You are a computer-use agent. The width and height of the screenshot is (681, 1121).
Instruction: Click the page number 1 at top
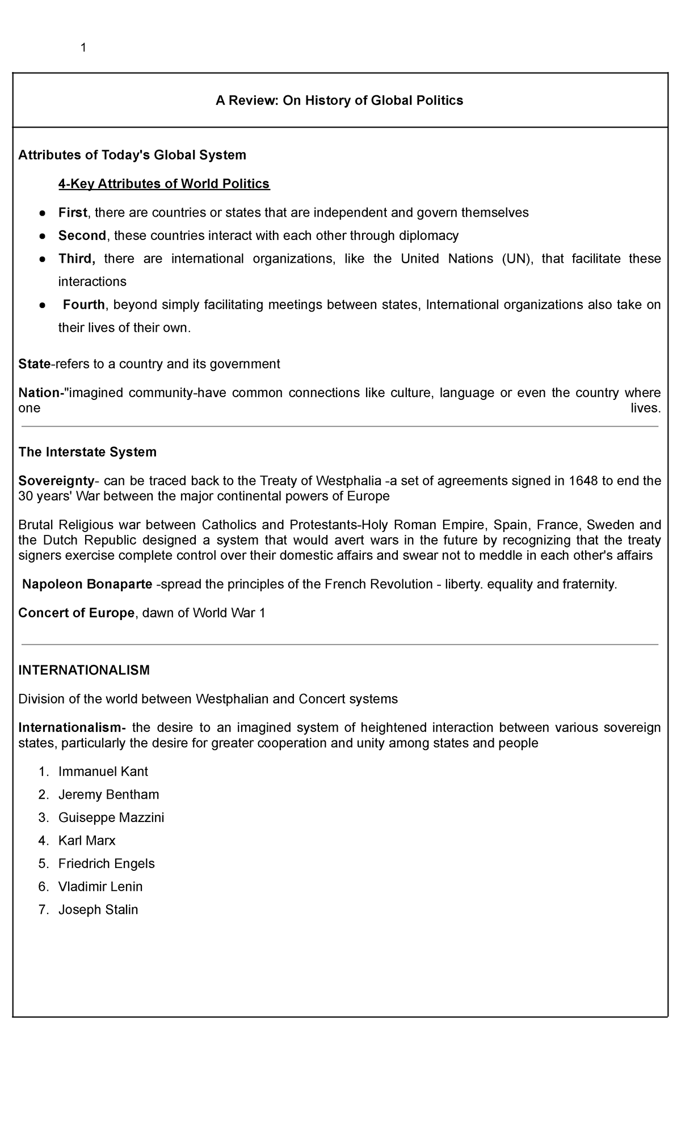tap(83, 48)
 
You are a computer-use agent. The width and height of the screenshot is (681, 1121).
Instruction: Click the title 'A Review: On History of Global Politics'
tap(339, 100)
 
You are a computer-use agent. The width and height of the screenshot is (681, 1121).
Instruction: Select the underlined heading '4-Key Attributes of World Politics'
tap(164, 184)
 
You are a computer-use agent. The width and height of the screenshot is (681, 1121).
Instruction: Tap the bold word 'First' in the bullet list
tap(72, 213)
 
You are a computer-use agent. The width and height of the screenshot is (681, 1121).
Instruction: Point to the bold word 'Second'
tap(82, 235)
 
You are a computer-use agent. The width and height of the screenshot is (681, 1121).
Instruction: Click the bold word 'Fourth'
tap(83, 305)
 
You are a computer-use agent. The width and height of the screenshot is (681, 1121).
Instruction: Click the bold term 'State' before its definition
tap(34, 364)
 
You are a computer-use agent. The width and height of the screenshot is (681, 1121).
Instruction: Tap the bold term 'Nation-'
tap(40, 393)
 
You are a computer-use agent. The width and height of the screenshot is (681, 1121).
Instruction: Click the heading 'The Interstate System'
tap(87, 452)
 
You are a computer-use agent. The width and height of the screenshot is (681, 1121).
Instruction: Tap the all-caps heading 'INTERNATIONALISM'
tap(84, 670)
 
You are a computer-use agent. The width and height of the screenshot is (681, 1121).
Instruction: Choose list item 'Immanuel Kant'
tap(103, 772)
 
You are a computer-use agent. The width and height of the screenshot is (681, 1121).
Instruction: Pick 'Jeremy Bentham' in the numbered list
tap(108, 794)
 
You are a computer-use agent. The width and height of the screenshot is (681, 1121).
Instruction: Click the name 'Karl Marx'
tap(87, 840)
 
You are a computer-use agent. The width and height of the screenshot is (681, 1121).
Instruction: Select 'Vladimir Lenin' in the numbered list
tap(100, 886)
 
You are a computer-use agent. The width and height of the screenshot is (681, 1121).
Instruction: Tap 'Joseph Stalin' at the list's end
tap(98, 909)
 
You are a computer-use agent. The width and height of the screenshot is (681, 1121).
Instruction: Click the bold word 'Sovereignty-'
tap(58, 481)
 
